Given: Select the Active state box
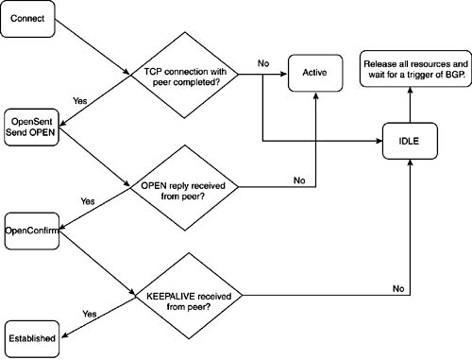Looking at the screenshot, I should click(x=315, y=72).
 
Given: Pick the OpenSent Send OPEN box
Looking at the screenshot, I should click(x=32, y=126).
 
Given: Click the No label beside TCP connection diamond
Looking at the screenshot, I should click(x=262, y=64).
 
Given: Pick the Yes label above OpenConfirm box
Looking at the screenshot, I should click(x=88, y=200).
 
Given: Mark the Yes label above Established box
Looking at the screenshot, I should click(x=90, y=313).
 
